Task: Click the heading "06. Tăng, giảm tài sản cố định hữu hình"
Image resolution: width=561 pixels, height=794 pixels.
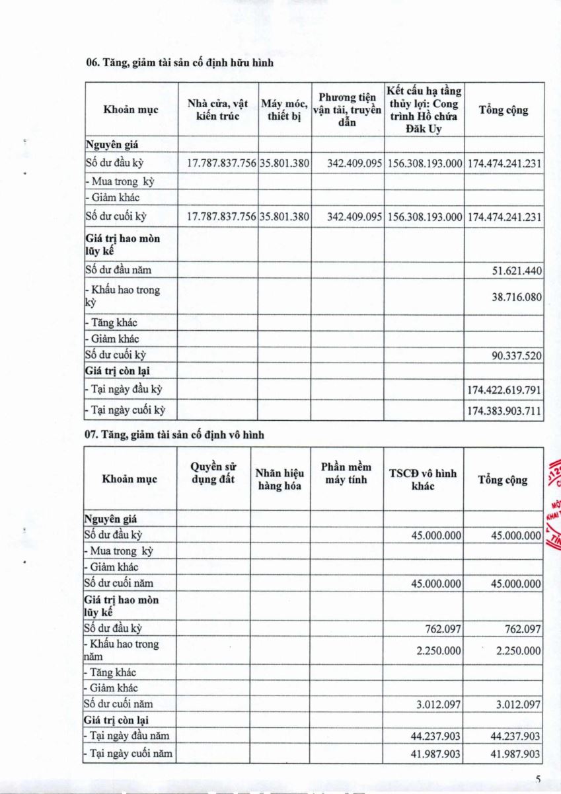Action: [x=179, y=64]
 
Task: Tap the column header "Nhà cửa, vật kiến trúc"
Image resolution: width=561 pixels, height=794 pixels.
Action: [x=218, y=110]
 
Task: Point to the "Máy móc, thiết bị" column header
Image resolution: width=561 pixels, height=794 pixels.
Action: [x=284, y=110]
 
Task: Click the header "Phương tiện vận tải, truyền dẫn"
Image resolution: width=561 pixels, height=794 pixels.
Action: [x=347, y=110]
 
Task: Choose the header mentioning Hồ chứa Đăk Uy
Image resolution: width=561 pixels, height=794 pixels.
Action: [x=424, y=110]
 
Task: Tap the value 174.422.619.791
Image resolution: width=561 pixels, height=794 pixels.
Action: [x=504, y=390]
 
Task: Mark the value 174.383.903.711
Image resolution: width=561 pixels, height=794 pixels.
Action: [x=504, y=411]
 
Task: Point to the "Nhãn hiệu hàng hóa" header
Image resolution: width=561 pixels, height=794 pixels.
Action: [x=280, y=479]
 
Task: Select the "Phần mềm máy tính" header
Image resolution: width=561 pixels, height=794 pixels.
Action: [x=346, y=473]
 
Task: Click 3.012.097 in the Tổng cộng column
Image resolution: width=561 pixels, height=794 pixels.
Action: [x=518, y=704]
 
